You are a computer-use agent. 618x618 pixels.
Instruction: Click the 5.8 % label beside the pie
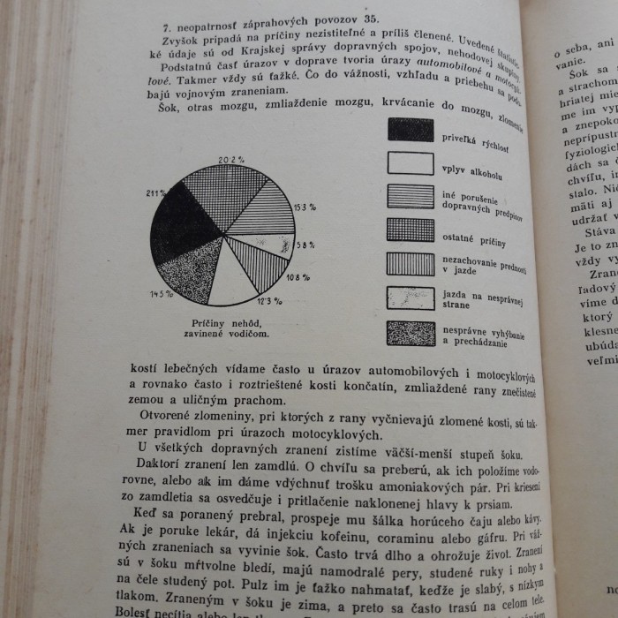[305, 245]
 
